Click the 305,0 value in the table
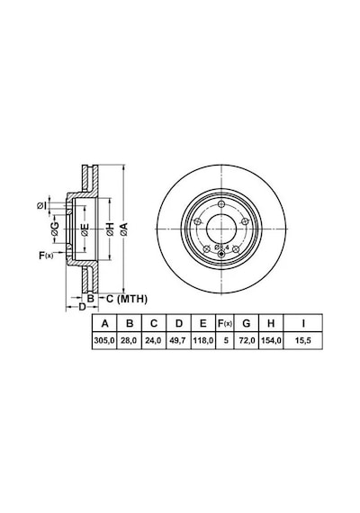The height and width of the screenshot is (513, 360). click(x=104, y=340)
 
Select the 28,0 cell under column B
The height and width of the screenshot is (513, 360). click(x=130, y=340)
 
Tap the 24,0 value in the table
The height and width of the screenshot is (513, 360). click(x=154, y=340)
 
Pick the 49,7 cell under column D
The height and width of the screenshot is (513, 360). click(x=178, y=340)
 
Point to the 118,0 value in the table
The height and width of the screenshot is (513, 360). click(x=203, y=340)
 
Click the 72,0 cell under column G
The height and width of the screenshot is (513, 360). click(x=247, y=340)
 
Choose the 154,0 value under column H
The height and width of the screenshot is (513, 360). click(x=271, y=340)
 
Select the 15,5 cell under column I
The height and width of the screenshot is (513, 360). click(x=303, y=340)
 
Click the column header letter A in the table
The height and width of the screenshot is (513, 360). click(x=104, y=324)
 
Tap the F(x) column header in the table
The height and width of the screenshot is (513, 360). click(x=225, y=324)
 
